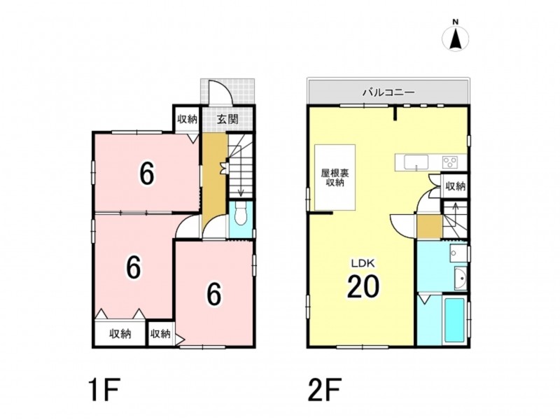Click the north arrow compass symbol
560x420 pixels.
[x=456, y=37]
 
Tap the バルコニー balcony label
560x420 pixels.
[x=388, y=93]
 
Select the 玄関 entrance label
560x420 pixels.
[x=227, y=119]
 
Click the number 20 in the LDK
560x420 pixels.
[x=363, y=287]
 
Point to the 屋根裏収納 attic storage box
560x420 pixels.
[x=335, y=177]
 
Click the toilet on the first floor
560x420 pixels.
[x=240, y=213]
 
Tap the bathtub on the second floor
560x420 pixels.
[x=454, y=320]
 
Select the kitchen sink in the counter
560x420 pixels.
[x=416, y=162]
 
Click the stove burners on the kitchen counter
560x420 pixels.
[x=450, y=162]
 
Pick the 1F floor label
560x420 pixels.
[x=103, y=390]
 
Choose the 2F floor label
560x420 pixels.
[x=325, y=390]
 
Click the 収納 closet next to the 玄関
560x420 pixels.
[x=188, y=119]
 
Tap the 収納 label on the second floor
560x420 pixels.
[x=455, y=186]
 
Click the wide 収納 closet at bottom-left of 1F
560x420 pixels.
[x=120, y=334]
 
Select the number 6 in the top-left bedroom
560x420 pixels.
[x=147, y=174]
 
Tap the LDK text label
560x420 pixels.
[x=363, y=264]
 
